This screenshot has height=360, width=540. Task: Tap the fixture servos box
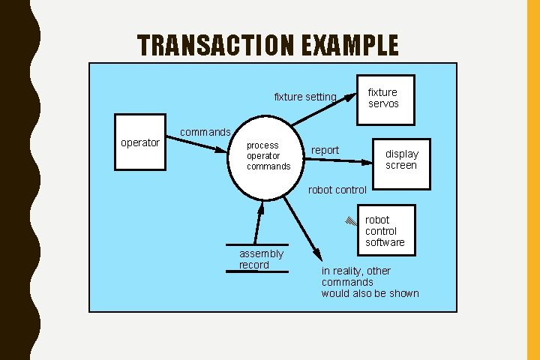(x=382, y=98)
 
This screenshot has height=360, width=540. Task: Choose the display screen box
(x=401, y=160)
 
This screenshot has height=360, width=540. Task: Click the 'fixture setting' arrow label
(x=305, y=97)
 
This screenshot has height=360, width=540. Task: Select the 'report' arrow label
(x=325, y=150)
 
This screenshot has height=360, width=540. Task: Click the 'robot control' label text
(x=337, y=190)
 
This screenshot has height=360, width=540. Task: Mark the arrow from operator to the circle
(x=196, y=145)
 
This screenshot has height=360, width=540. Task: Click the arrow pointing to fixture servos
(x=322, y=109)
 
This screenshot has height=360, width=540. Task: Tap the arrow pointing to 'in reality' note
(x=302, y=229)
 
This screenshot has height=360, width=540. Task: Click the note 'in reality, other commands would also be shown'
(x=370, y=282)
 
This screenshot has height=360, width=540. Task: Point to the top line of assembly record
(x=257, y=245)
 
